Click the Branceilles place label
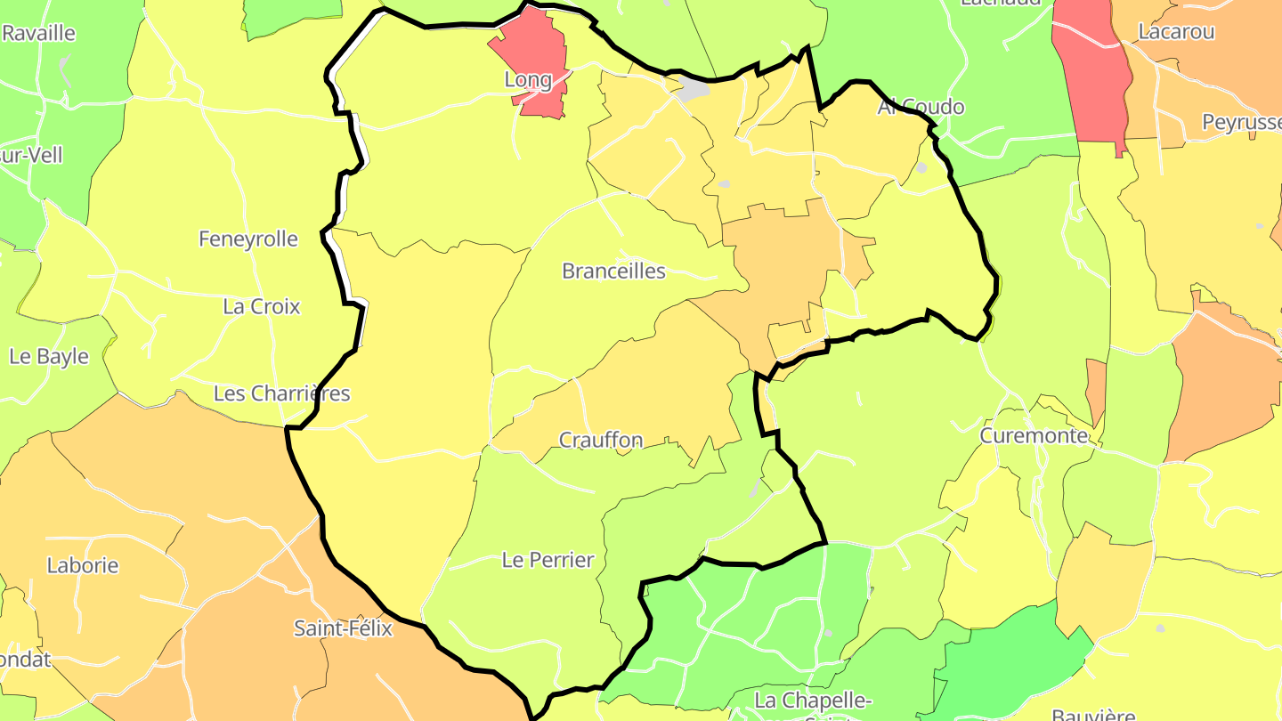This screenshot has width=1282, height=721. (613, 271)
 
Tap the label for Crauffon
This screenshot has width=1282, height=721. (600, 440)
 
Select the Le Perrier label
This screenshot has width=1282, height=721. (548, 560)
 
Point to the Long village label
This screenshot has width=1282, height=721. (528, 80)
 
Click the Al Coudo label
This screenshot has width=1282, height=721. (921, 107)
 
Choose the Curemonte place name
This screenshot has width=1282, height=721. (1034, 435)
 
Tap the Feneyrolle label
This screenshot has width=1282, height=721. (247, 239)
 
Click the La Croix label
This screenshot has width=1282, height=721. (262, 306)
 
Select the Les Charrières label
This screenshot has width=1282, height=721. (281, 393)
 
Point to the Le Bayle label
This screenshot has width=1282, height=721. (49, 356)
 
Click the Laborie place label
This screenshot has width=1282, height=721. (83, 565)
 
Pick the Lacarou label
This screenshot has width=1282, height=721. (1176, 32)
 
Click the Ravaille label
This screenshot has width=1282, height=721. (38, 34)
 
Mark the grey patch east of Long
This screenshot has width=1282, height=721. (694, 87)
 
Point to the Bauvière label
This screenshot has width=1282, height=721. (1093, 715)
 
